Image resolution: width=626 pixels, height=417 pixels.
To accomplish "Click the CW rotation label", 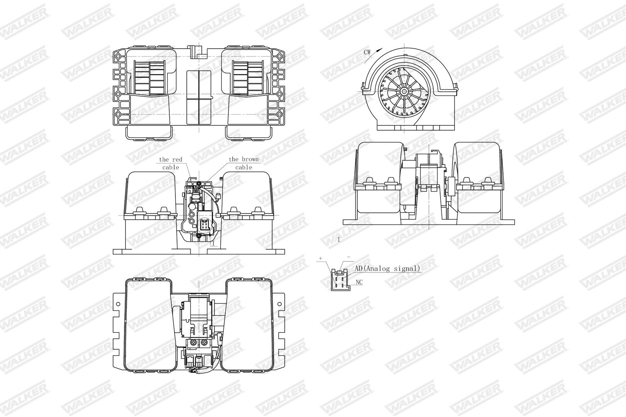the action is (367, 52).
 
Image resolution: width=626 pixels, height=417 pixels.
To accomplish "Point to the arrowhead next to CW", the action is (379, 50).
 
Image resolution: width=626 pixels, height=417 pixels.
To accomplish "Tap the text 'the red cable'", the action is (170, 163).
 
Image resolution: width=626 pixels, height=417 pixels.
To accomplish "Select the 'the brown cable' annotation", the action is (244, 163).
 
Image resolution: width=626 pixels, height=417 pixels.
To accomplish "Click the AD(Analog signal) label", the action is (388, 269).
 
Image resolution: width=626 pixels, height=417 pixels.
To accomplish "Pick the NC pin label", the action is (359, 282).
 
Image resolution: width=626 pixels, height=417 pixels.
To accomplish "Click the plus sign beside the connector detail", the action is (321, 259).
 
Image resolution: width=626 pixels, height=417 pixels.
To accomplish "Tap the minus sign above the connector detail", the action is (348, 256).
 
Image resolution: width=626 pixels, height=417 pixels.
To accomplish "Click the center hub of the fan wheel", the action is (403, 92).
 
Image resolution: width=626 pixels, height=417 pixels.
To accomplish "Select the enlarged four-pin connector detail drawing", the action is (340, 280).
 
